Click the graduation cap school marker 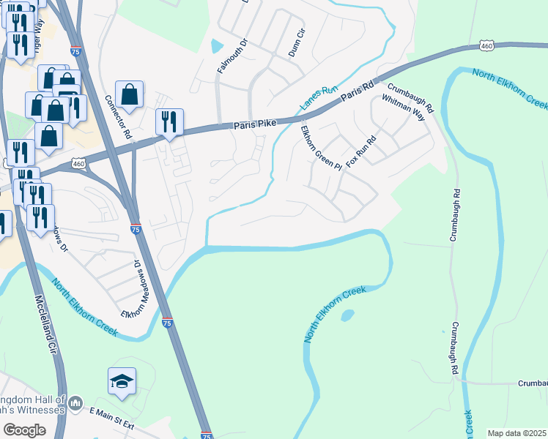(x=122, y=381)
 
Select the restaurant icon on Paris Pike (x=169, y=122)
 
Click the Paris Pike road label (x=255, y=125)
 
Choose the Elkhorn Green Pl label (x=321, y=148)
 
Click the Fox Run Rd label (x=360, y=149)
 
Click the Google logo (x=24, y=430)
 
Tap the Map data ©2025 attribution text (x=516, y=433)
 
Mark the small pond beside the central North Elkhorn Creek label (x=347, y=315)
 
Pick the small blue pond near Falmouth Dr (x=216, y=46)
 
